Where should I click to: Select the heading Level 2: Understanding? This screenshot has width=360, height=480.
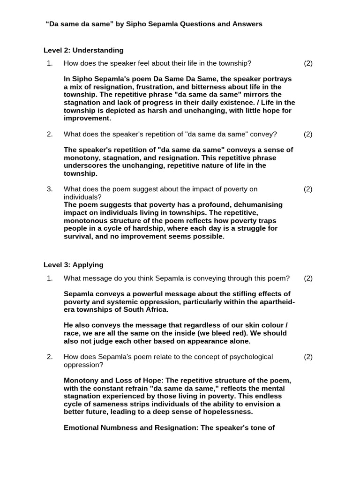tap(83, 50)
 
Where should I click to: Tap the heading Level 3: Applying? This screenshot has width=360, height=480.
tap(74, 265)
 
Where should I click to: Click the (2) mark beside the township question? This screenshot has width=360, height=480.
tap(308, 63)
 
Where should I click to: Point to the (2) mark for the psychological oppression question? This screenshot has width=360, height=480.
tap(308, 357)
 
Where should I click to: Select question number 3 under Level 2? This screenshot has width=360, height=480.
tap(50, 189)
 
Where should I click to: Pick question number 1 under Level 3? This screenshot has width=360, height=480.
tap(50, 278)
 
